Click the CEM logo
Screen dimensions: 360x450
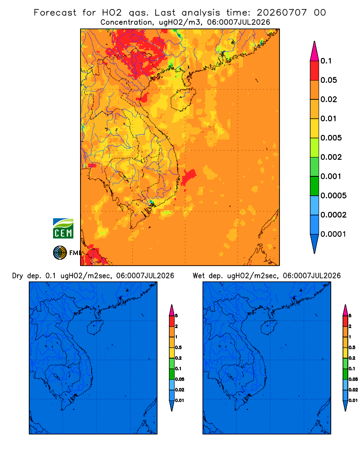[x=63, y=228]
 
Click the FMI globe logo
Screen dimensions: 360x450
[x=60, y=252]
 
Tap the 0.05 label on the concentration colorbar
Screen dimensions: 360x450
[x=328, y=80]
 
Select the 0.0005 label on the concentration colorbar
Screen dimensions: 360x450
[x=333, y=195]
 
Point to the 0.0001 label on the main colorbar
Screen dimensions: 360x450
[x=333, y=234]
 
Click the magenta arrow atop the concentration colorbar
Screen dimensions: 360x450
[x=315, y=51]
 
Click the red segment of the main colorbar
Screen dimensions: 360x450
[x=315, y=70]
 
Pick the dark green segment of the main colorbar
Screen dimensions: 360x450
[x=315, y=186]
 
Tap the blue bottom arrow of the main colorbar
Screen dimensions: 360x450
[x=315, y=243]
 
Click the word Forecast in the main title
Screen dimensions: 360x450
[x=55, y=13]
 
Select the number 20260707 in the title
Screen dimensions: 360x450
[x=282, y=13]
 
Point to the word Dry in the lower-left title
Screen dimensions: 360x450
[x=18, y=276]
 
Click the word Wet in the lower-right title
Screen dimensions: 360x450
[x=198, y=276]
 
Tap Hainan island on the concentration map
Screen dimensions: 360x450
[x=183, y=99]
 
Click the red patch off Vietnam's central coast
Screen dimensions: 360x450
[x=189, y=176]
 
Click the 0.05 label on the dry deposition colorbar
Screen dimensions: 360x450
[x=180, y=379]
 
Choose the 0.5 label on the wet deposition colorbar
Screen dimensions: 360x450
[x=352, y=347]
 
